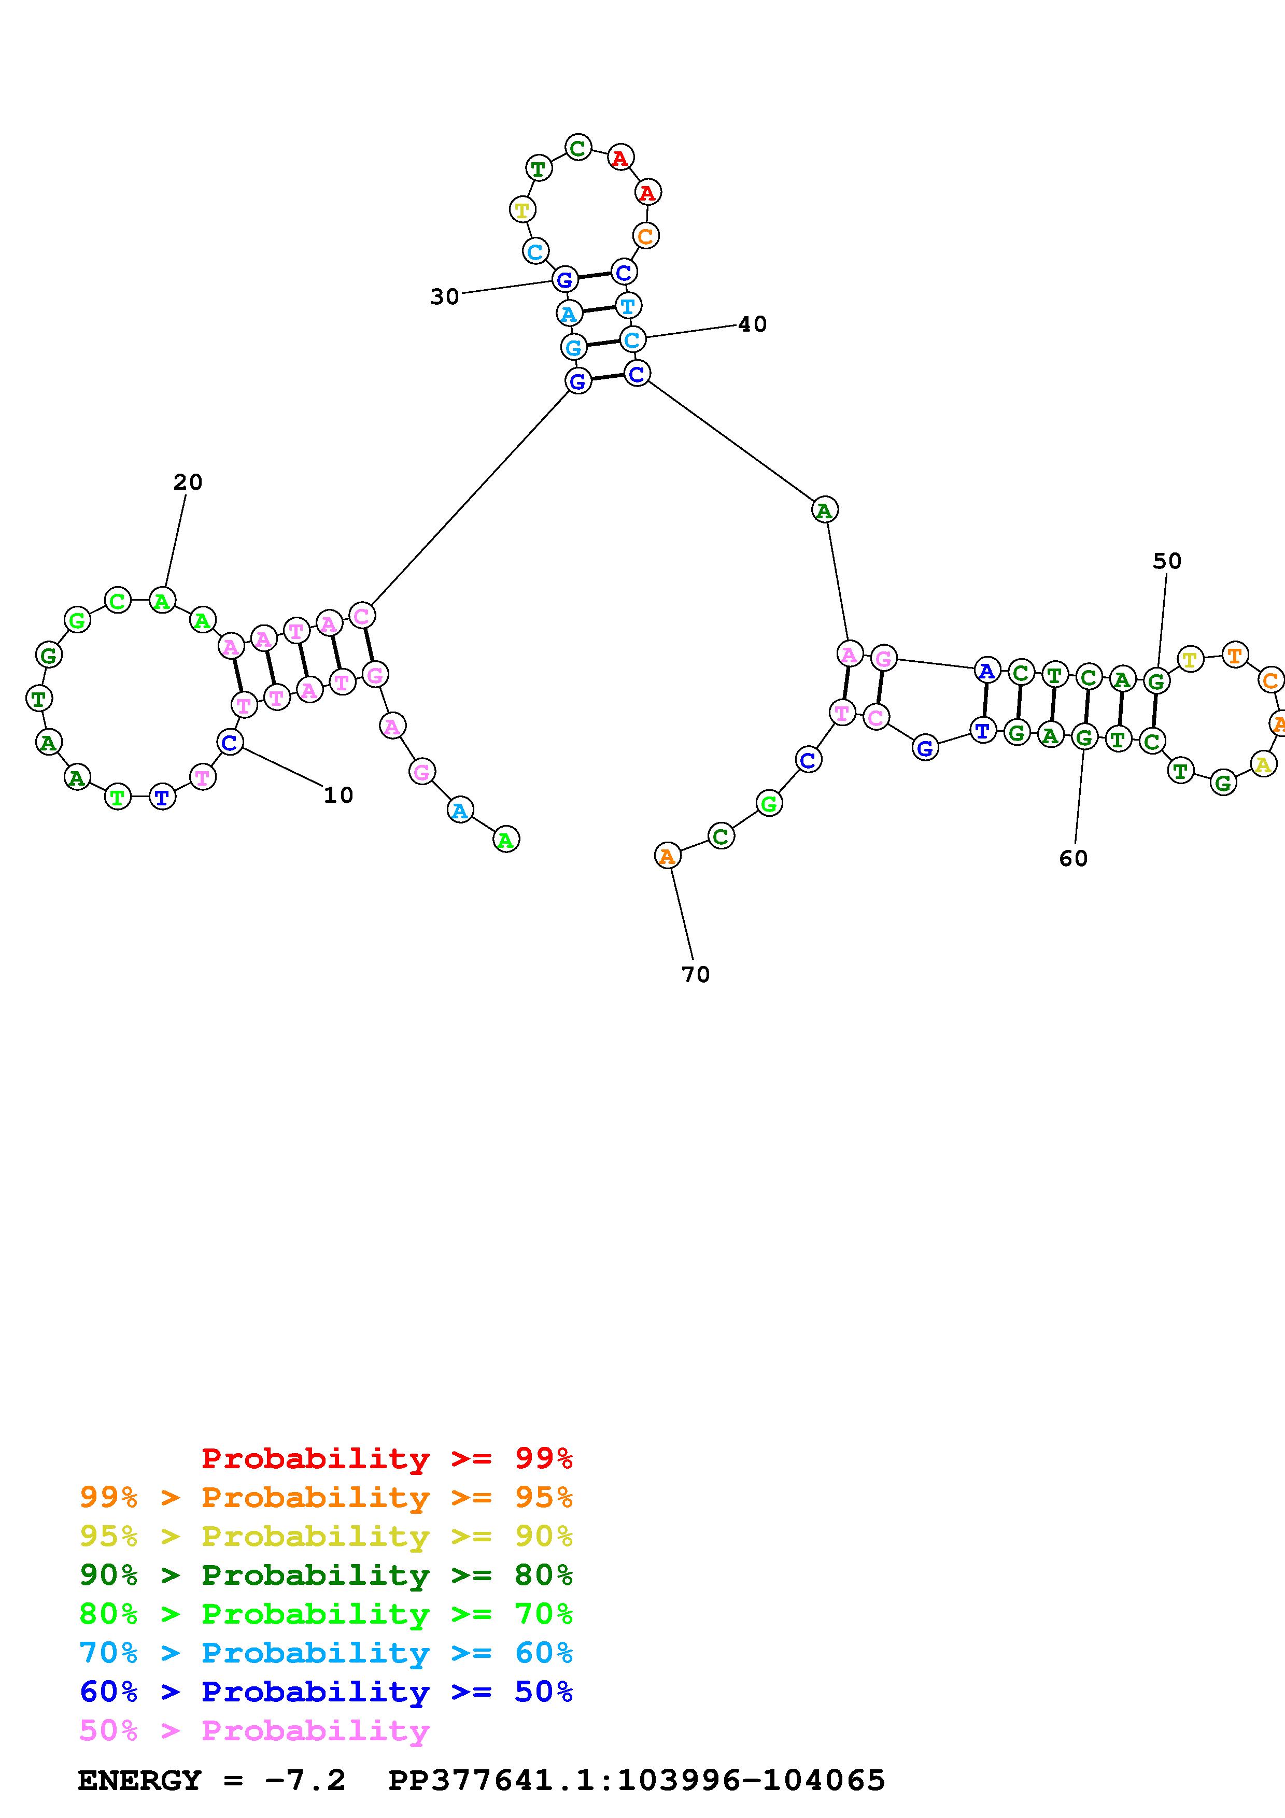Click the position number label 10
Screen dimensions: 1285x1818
(x=338, y=795)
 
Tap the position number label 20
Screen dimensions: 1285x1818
(x=188, y=482)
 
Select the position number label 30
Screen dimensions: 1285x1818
(x=444, y=297)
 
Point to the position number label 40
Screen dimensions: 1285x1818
(x=752, y=324)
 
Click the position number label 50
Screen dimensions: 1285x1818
(x=1167, y=561)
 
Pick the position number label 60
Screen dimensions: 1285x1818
(x=1074, y=858)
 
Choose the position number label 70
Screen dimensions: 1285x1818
(x=695, y=975)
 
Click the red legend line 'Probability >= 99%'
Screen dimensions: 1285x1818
(x=387, y=1458)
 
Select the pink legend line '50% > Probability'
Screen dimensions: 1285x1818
(x=254, y=1731)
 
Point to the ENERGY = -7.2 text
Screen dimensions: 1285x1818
(x=211, y=1781)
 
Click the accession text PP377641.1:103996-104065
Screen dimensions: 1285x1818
(x=637, y=1781)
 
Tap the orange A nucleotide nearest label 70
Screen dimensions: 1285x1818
(x=668, y=856)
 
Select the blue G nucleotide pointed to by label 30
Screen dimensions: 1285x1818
(x=564, y=279)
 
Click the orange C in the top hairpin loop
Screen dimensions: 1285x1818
(x=646, y=236)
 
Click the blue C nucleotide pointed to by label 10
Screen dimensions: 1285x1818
(x=230, y=743)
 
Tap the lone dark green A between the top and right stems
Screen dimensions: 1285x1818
(x=824, y=510)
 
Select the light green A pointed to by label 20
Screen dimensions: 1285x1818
(x=162, y=602)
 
